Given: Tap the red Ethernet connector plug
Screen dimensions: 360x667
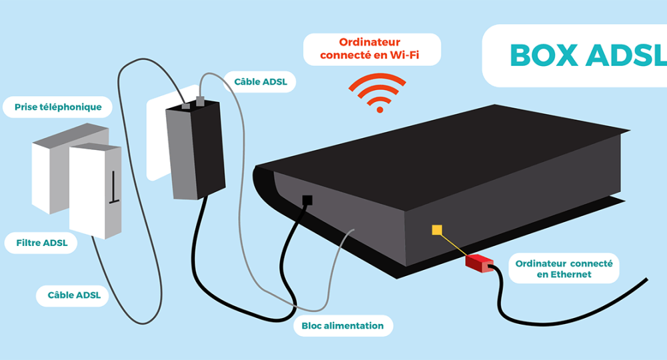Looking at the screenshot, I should (479, 262).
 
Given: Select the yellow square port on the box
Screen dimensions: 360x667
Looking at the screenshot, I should (437, 230).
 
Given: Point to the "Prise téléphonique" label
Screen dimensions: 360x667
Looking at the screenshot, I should (58, 107).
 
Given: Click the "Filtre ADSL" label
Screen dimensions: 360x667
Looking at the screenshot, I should (42, 243).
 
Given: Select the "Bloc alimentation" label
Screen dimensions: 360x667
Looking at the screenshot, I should (342, 325).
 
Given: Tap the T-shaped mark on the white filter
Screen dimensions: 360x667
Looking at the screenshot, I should (114, 187).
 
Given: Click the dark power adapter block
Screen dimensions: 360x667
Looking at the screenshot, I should (195, 152).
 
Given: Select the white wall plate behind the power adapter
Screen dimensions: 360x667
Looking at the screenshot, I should (156, 137).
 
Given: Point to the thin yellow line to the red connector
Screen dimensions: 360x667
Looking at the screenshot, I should (454, 245).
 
